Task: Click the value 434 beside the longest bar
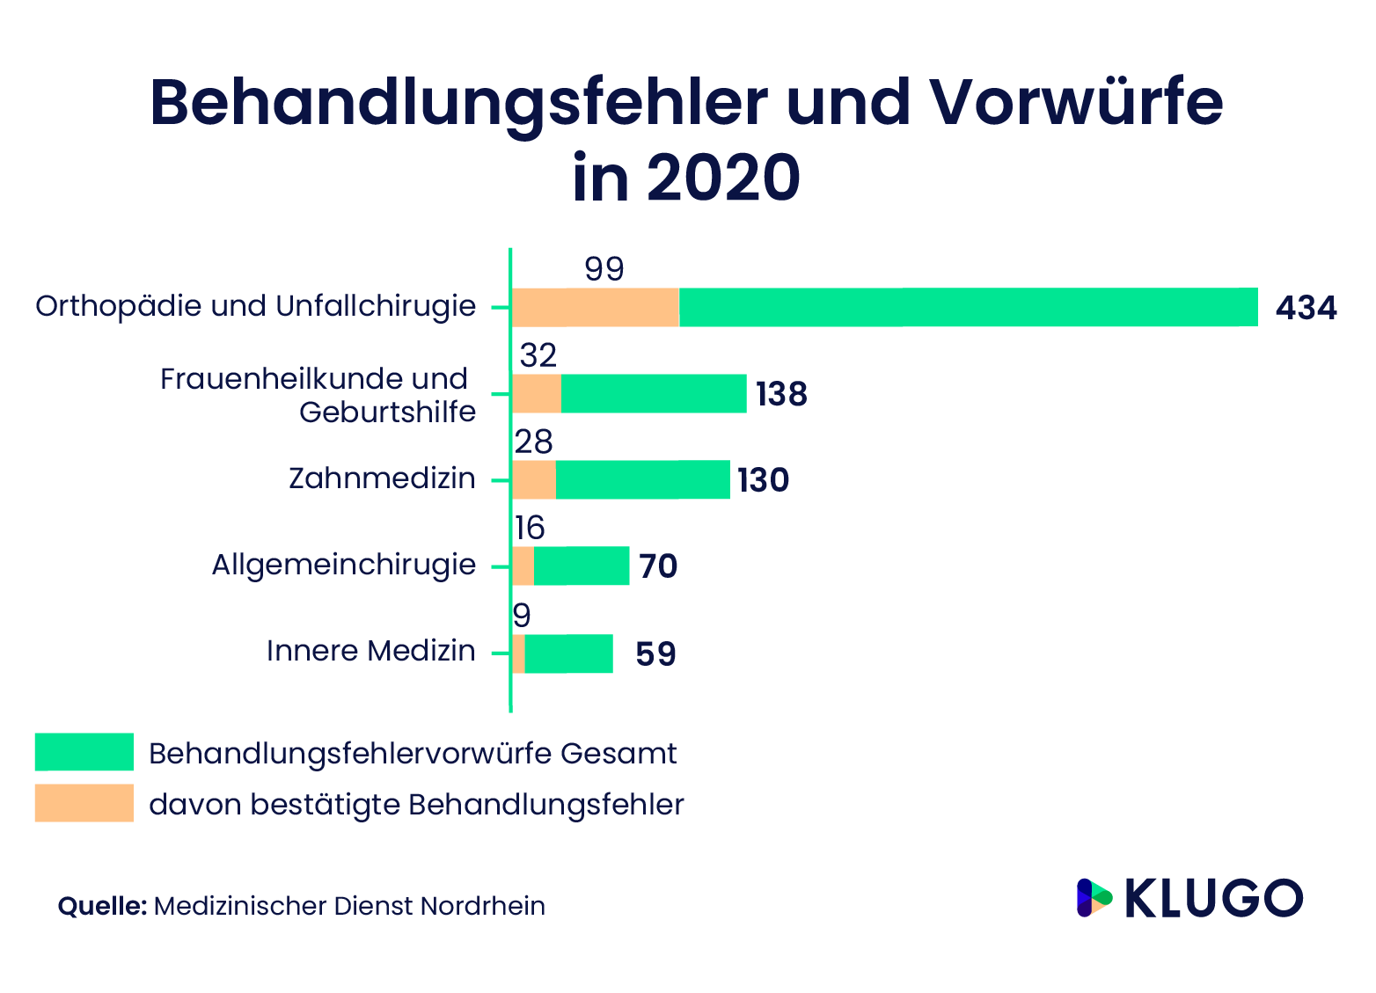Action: pos(1306,308)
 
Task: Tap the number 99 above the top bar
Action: pos(604,269)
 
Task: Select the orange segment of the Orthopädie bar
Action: pos(595,308)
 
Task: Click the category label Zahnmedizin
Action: pos(382,478)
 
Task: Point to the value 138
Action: pos(780,394)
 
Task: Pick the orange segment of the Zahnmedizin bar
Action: pos(533,479)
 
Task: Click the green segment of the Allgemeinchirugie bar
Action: pos(582,566)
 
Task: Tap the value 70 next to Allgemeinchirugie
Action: pos(657,566)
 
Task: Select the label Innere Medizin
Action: pos(370,651)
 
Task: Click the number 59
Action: pos(655,654)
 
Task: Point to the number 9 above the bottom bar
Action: pos(522,615)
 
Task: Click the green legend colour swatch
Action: pos(84,752)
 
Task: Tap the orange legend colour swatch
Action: pos(84,803)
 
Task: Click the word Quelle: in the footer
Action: pos(102,906)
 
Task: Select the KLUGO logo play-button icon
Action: pos(1094,898)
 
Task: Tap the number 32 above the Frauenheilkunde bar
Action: pos(538,355)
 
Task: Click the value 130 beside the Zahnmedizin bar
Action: pos(763,480)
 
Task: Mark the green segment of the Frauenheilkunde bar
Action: pos(654,393)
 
